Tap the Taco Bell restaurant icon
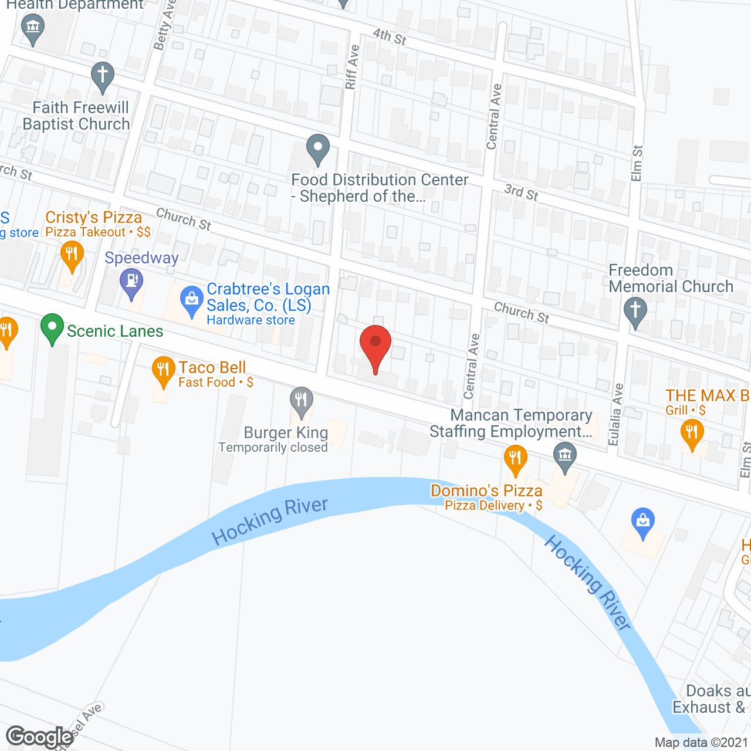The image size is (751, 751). [x=163, y=370]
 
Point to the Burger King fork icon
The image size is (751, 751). [x=301, y=401]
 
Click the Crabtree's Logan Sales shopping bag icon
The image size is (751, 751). [x=191, y=300]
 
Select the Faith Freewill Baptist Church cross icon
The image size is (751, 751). [x=103, y=76]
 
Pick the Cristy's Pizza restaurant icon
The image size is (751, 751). [x=72, y=256]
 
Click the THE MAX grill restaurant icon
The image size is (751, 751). [x=692, y=434]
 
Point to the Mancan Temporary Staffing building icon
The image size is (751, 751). [x=565, y=455]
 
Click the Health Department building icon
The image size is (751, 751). [x=32, y=27]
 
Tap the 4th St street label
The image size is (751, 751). [x=390, y=36]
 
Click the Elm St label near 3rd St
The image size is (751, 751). [x=637, y=163]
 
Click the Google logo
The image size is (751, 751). [x=40, y=736]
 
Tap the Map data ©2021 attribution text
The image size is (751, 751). [x=701, y=742]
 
